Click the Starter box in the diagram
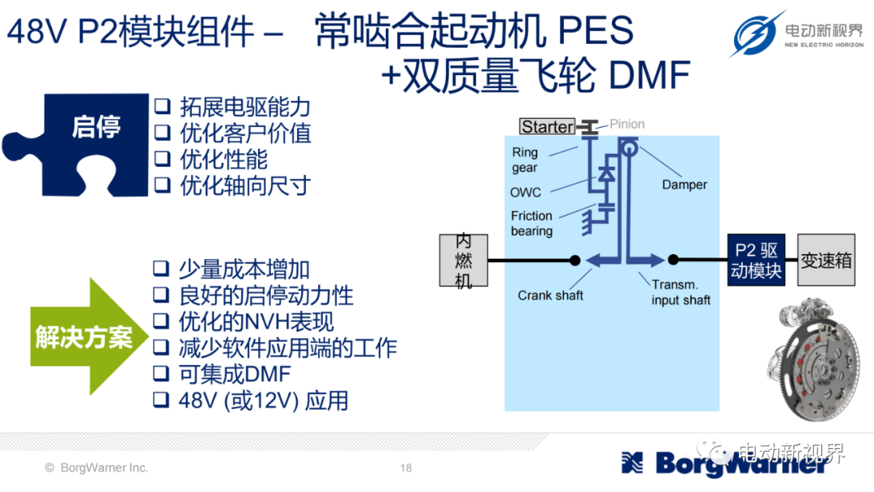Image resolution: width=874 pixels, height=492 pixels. pos(547,126)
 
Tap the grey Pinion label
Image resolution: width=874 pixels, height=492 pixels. pos(627,124)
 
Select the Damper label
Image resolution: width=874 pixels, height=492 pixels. pos(685,184)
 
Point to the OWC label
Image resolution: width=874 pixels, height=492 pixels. pos(526,193)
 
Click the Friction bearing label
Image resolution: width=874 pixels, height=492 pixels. pos(532,223)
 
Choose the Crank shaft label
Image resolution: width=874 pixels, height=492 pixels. pos(550,295)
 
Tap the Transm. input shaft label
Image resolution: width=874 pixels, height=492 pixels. pos(681,292)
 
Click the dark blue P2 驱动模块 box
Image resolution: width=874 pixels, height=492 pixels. pos(757,261)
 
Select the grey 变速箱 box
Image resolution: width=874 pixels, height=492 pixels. pos(826,261)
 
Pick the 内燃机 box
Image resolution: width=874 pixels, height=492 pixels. pos(463,261)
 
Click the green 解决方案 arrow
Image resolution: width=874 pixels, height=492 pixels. pos(89,337)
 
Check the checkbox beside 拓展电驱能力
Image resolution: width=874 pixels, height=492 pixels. pos(162,106)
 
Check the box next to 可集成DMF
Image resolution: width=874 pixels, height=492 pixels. pos(161,373)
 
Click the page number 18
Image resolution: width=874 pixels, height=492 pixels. pos(405,468)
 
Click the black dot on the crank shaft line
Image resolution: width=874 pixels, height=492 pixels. pos(575,261)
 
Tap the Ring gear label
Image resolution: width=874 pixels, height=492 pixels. pos(525,160)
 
